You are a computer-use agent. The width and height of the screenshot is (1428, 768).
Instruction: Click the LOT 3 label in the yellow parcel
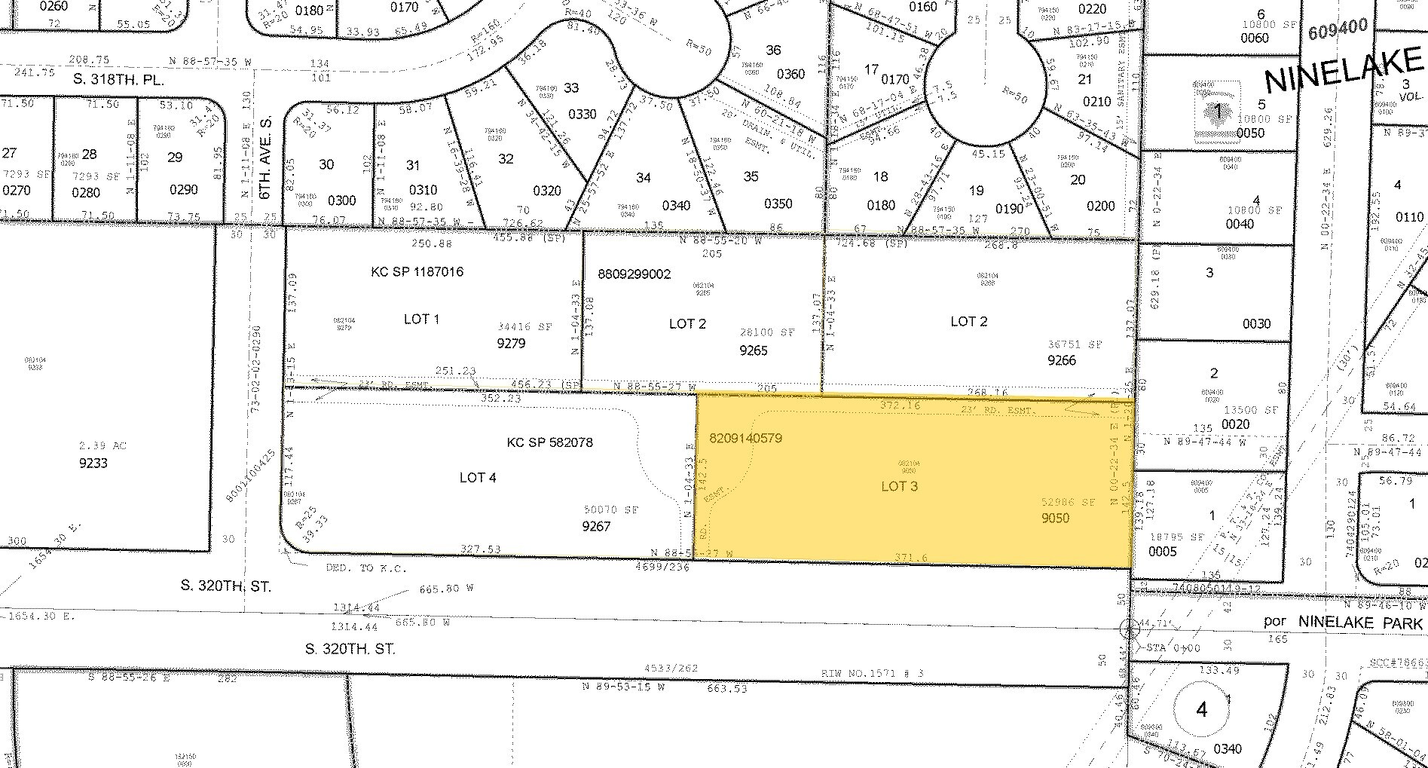coord(899,486)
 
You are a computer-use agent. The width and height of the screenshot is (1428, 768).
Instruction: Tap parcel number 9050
coord(1055,518)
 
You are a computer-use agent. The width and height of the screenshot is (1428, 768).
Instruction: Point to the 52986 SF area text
coord(1067,502)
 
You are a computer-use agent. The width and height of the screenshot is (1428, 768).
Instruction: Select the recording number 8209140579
coord(745,437)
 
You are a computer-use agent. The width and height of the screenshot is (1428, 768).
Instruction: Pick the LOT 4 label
coord(477,477)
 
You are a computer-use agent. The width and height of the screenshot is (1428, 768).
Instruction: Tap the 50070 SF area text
coord(610,510)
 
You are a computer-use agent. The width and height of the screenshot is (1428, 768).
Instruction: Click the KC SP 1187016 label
coord(417,272)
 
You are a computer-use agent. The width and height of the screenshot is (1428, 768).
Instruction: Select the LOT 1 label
coord(421,319)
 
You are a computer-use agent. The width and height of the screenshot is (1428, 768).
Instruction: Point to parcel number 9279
coord(511,343)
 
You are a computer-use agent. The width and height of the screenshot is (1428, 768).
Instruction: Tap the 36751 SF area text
coord(1075,344)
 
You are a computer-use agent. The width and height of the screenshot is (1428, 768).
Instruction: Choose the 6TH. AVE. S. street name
coord(264,162)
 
